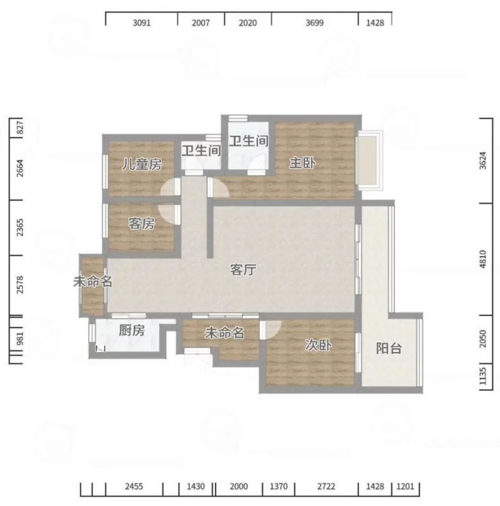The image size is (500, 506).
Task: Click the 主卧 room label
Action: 302,163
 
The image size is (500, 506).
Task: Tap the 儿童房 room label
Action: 142,164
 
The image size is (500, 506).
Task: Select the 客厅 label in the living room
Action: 243,270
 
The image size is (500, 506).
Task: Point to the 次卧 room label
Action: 318,345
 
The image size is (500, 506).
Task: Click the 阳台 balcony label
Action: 389,348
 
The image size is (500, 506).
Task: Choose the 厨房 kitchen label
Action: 132,331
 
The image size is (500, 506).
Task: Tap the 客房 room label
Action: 141,223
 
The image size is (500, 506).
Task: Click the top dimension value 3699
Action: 314,23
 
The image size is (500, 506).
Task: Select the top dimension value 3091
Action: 142,23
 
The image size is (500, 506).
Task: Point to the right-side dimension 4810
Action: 482,259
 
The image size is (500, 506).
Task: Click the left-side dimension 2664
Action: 20,168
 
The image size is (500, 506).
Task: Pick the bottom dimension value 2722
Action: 326,486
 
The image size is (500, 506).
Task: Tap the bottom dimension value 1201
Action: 405,486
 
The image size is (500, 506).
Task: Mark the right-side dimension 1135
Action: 482,376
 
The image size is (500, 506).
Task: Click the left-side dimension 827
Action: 20,128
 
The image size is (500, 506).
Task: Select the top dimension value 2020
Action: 248,23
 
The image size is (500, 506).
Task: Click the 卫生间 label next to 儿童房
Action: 201,151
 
